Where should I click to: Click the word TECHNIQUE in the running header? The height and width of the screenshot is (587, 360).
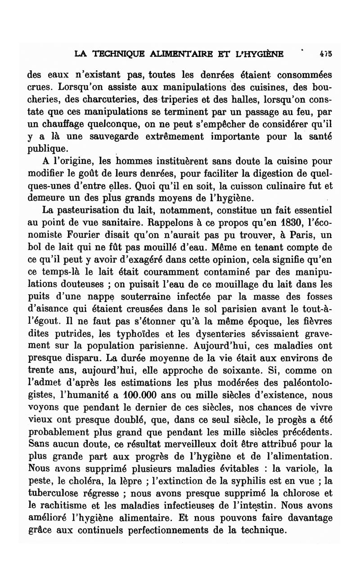click(x=110, y=54)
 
